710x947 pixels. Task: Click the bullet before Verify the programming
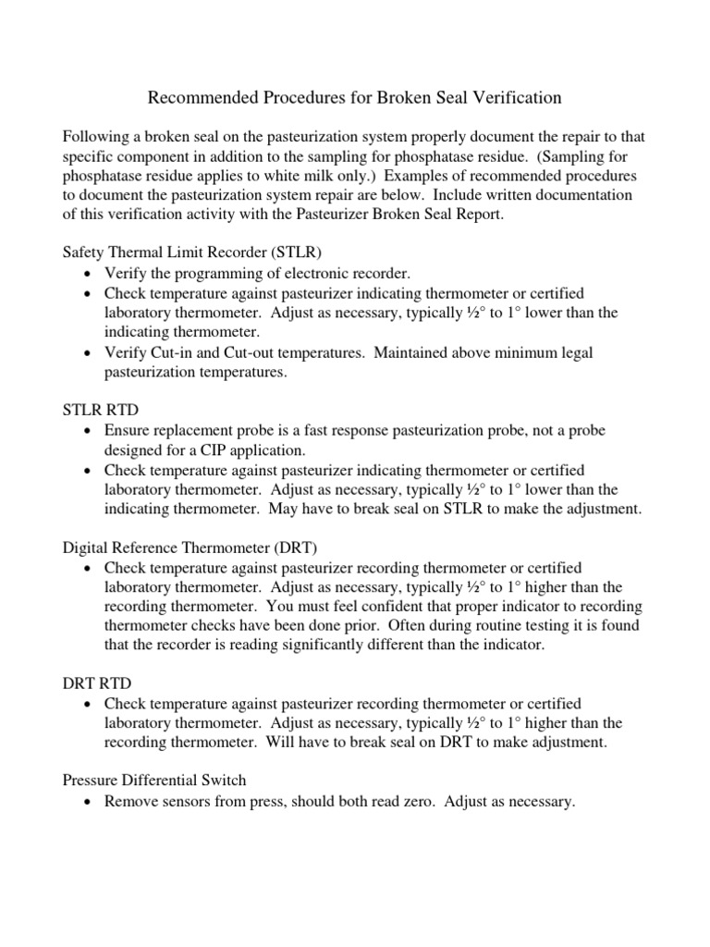[87, 274]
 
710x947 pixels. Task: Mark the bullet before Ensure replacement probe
[87, 432]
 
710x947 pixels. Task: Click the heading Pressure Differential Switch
[153, 781]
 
